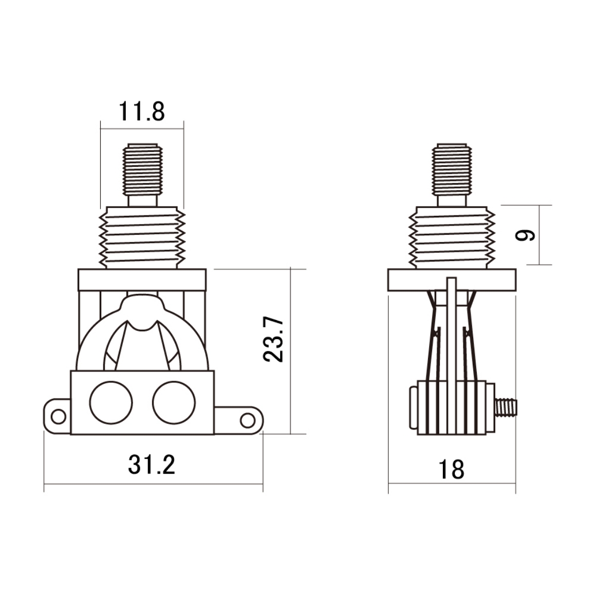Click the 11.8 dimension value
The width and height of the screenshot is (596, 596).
point(142,111)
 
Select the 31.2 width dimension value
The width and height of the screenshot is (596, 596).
point(151,464)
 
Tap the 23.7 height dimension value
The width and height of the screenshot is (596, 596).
point(273,339)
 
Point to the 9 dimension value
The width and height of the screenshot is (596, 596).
point(525,235)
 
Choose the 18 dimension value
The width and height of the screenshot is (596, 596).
point(451,470)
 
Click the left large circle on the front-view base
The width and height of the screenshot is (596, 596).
point(111,402)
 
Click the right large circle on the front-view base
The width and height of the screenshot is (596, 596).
point(174,402)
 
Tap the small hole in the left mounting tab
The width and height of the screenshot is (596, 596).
point(58,417)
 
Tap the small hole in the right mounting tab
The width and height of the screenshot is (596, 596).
point(248,420)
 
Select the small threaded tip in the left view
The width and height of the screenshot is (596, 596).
point(142,169)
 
